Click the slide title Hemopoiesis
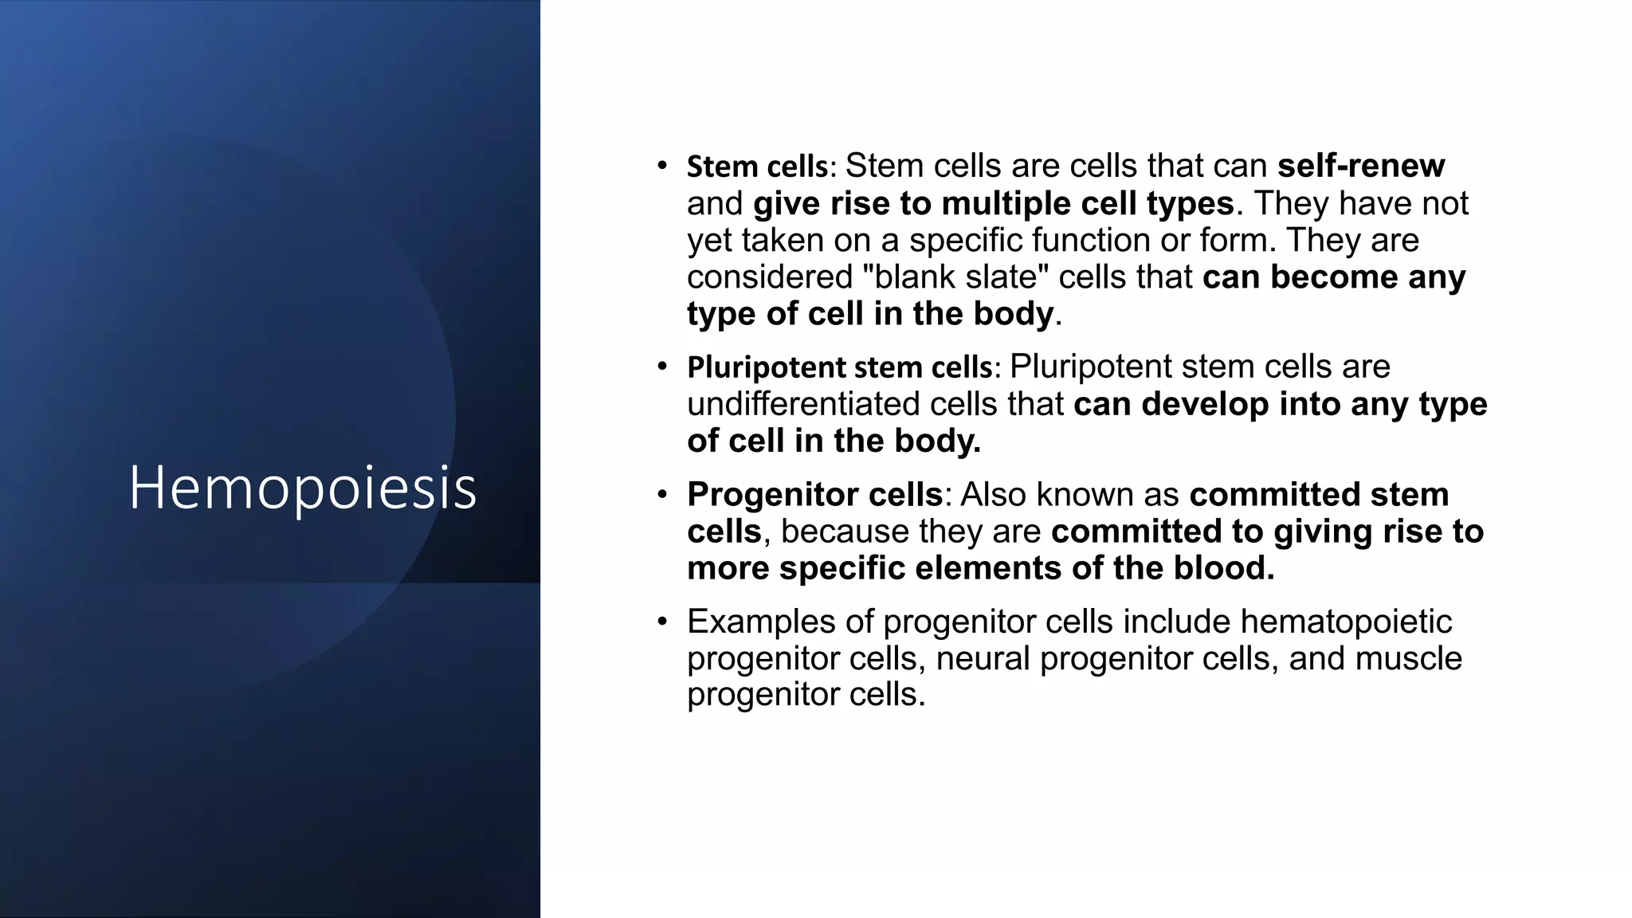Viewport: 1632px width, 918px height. click(303, 488)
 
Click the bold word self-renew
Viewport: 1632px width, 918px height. click(1360, 166)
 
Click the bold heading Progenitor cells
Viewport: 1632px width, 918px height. click(814, 495)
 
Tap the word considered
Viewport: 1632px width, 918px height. click(770, 277)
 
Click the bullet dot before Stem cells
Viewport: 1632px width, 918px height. click(661, 165)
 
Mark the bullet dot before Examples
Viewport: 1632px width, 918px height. click(661, 621)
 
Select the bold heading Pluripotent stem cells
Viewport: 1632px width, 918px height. click(840, 367)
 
